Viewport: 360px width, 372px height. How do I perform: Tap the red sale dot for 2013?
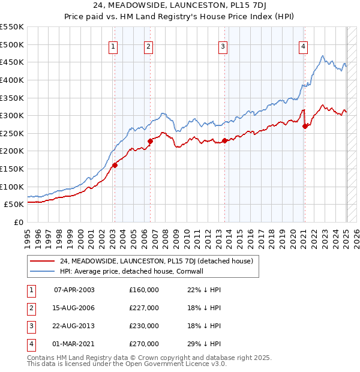click(x=224, y=141)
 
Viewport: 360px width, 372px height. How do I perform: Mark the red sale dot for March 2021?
click(x=305, y=127)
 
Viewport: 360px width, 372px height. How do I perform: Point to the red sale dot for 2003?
click(x=115, y=166)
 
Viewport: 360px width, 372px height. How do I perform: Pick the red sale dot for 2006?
click(x=150, y=142)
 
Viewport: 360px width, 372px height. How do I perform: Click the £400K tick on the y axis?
click(x=12, y=80)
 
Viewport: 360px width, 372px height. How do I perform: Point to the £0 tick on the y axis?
click(x=19, y=222)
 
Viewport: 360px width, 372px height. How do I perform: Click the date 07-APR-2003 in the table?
click(x=74, y=290)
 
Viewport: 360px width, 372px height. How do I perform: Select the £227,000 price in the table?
click(x=144, y=308)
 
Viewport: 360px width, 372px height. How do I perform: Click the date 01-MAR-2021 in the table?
click(x=74, y=344)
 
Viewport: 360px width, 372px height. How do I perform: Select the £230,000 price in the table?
click(x=144, y=326)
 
